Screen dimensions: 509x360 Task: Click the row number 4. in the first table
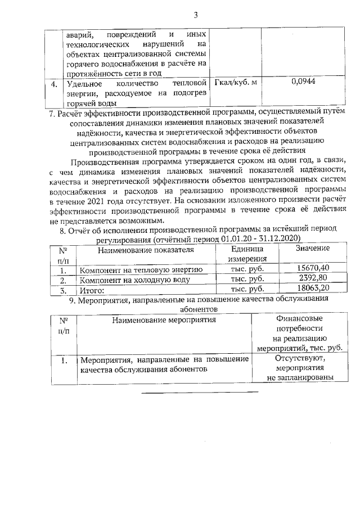[54, 84]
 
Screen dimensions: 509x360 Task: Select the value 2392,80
[314, 279]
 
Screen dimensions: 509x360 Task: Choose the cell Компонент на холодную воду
[134, 280]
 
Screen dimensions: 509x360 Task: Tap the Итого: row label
[92, 290]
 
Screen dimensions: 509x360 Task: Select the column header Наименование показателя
[146, 249]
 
